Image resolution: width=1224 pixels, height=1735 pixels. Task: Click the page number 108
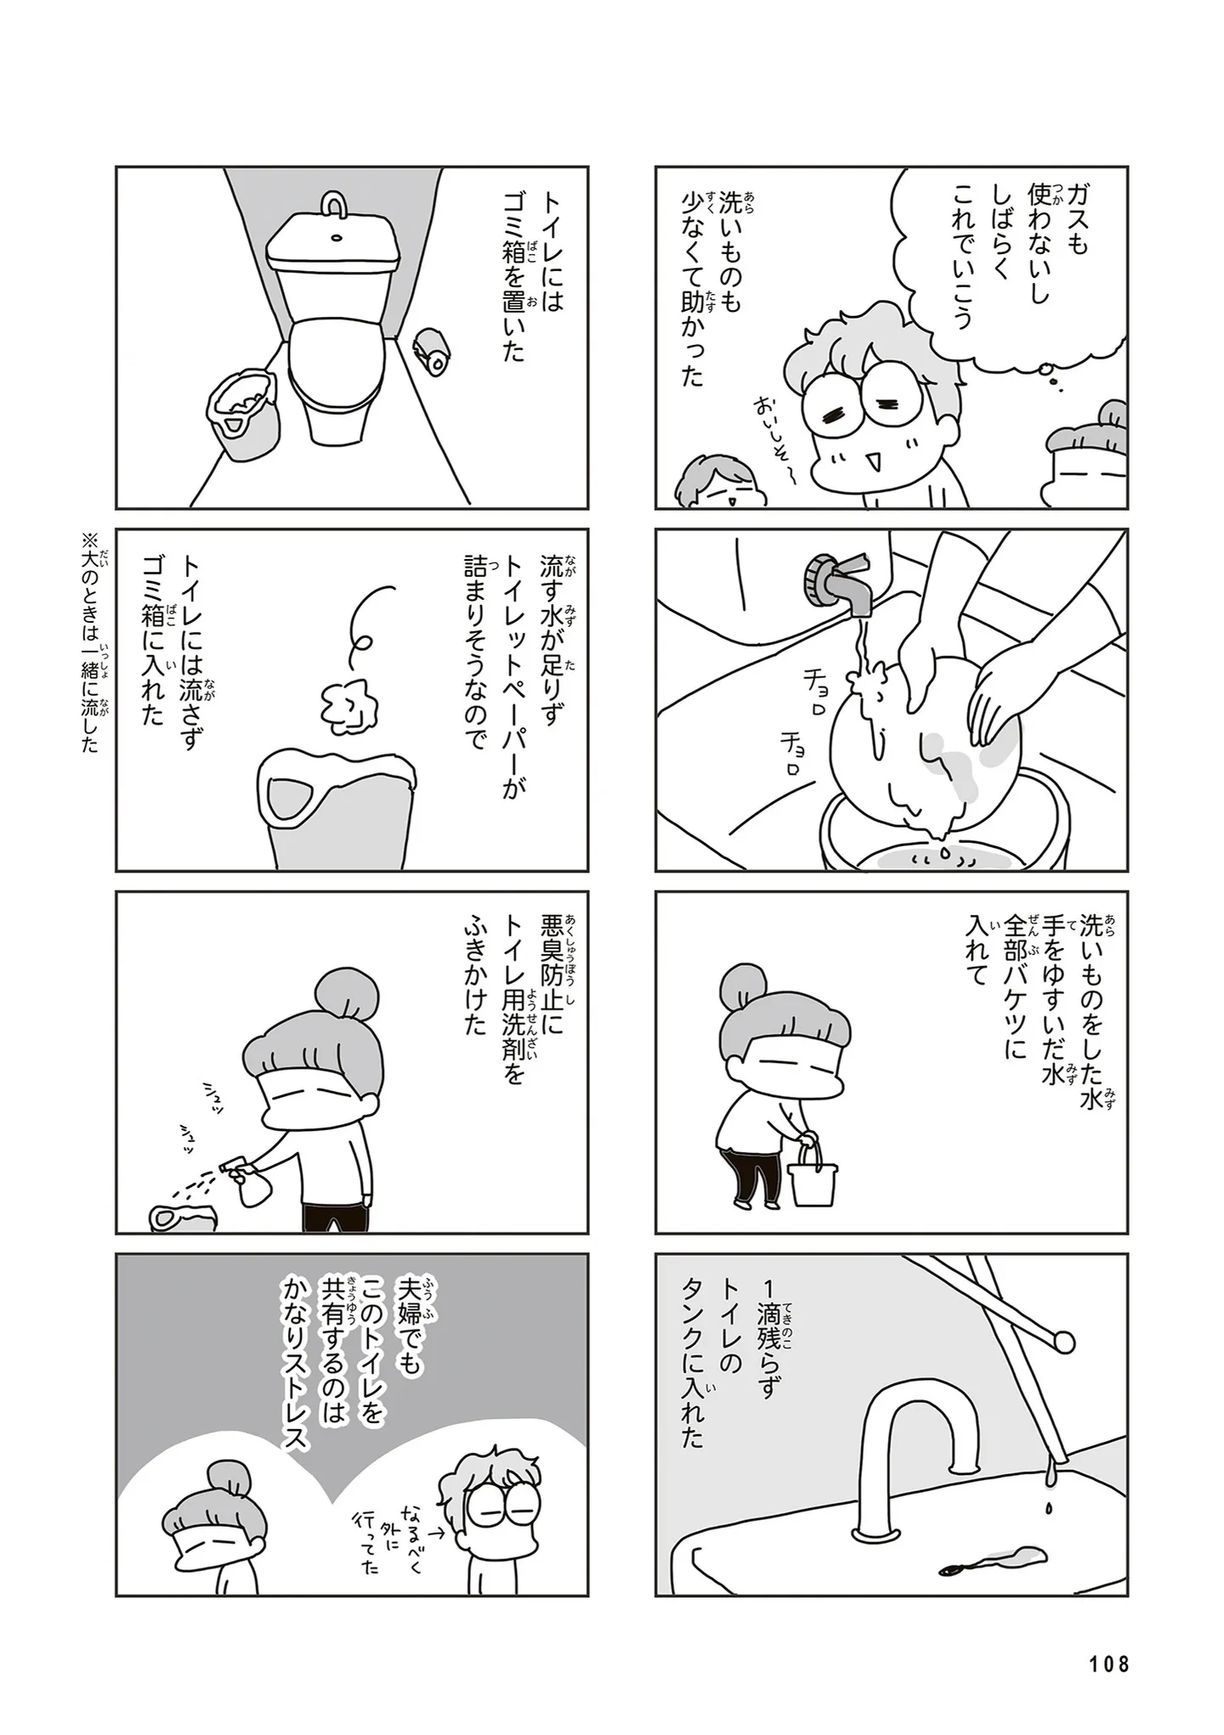[1108, 1663]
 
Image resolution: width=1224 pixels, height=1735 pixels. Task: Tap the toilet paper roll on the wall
[431, 354]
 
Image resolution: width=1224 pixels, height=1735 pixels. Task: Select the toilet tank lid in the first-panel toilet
[335, 246]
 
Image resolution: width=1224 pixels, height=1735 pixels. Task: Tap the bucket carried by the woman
[812, 1171]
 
